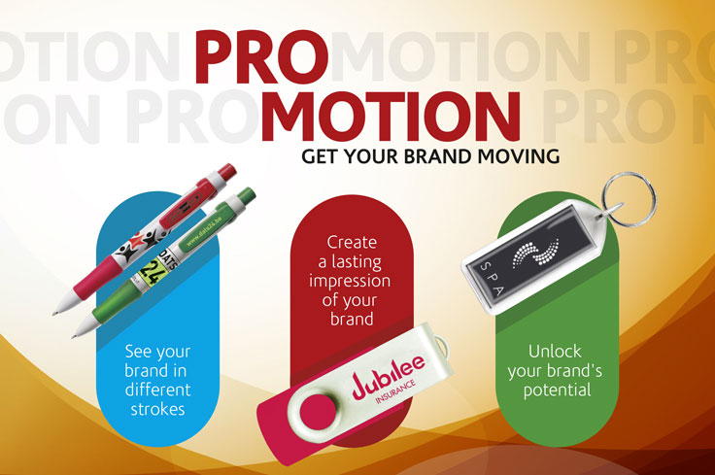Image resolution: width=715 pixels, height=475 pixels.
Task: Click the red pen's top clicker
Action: [x=224, y=171]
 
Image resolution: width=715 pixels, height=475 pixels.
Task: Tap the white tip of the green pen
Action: [x=77, y=333]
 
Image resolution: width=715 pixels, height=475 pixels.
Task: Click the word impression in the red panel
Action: [x=352, y=281]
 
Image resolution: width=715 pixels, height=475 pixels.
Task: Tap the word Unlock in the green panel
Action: [x=557, y=352]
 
